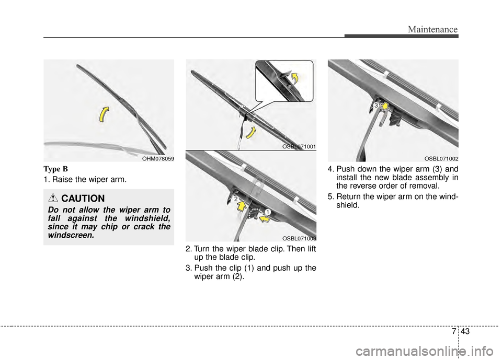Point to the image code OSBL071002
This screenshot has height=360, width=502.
[x=441, y=158]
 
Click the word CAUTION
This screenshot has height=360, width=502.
[x=83, y=199]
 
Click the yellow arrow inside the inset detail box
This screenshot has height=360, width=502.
[x=296, y=78]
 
